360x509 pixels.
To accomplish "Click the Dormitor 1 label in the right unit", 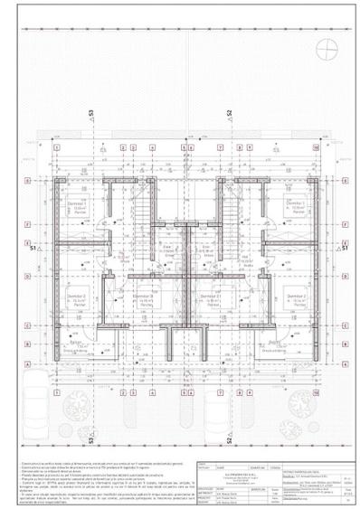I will coord(295,206).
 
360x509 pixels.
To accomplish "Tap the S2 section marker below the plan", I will coord(230,440).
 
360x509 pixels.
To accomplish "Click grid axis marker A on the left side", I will coord(31,365).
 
